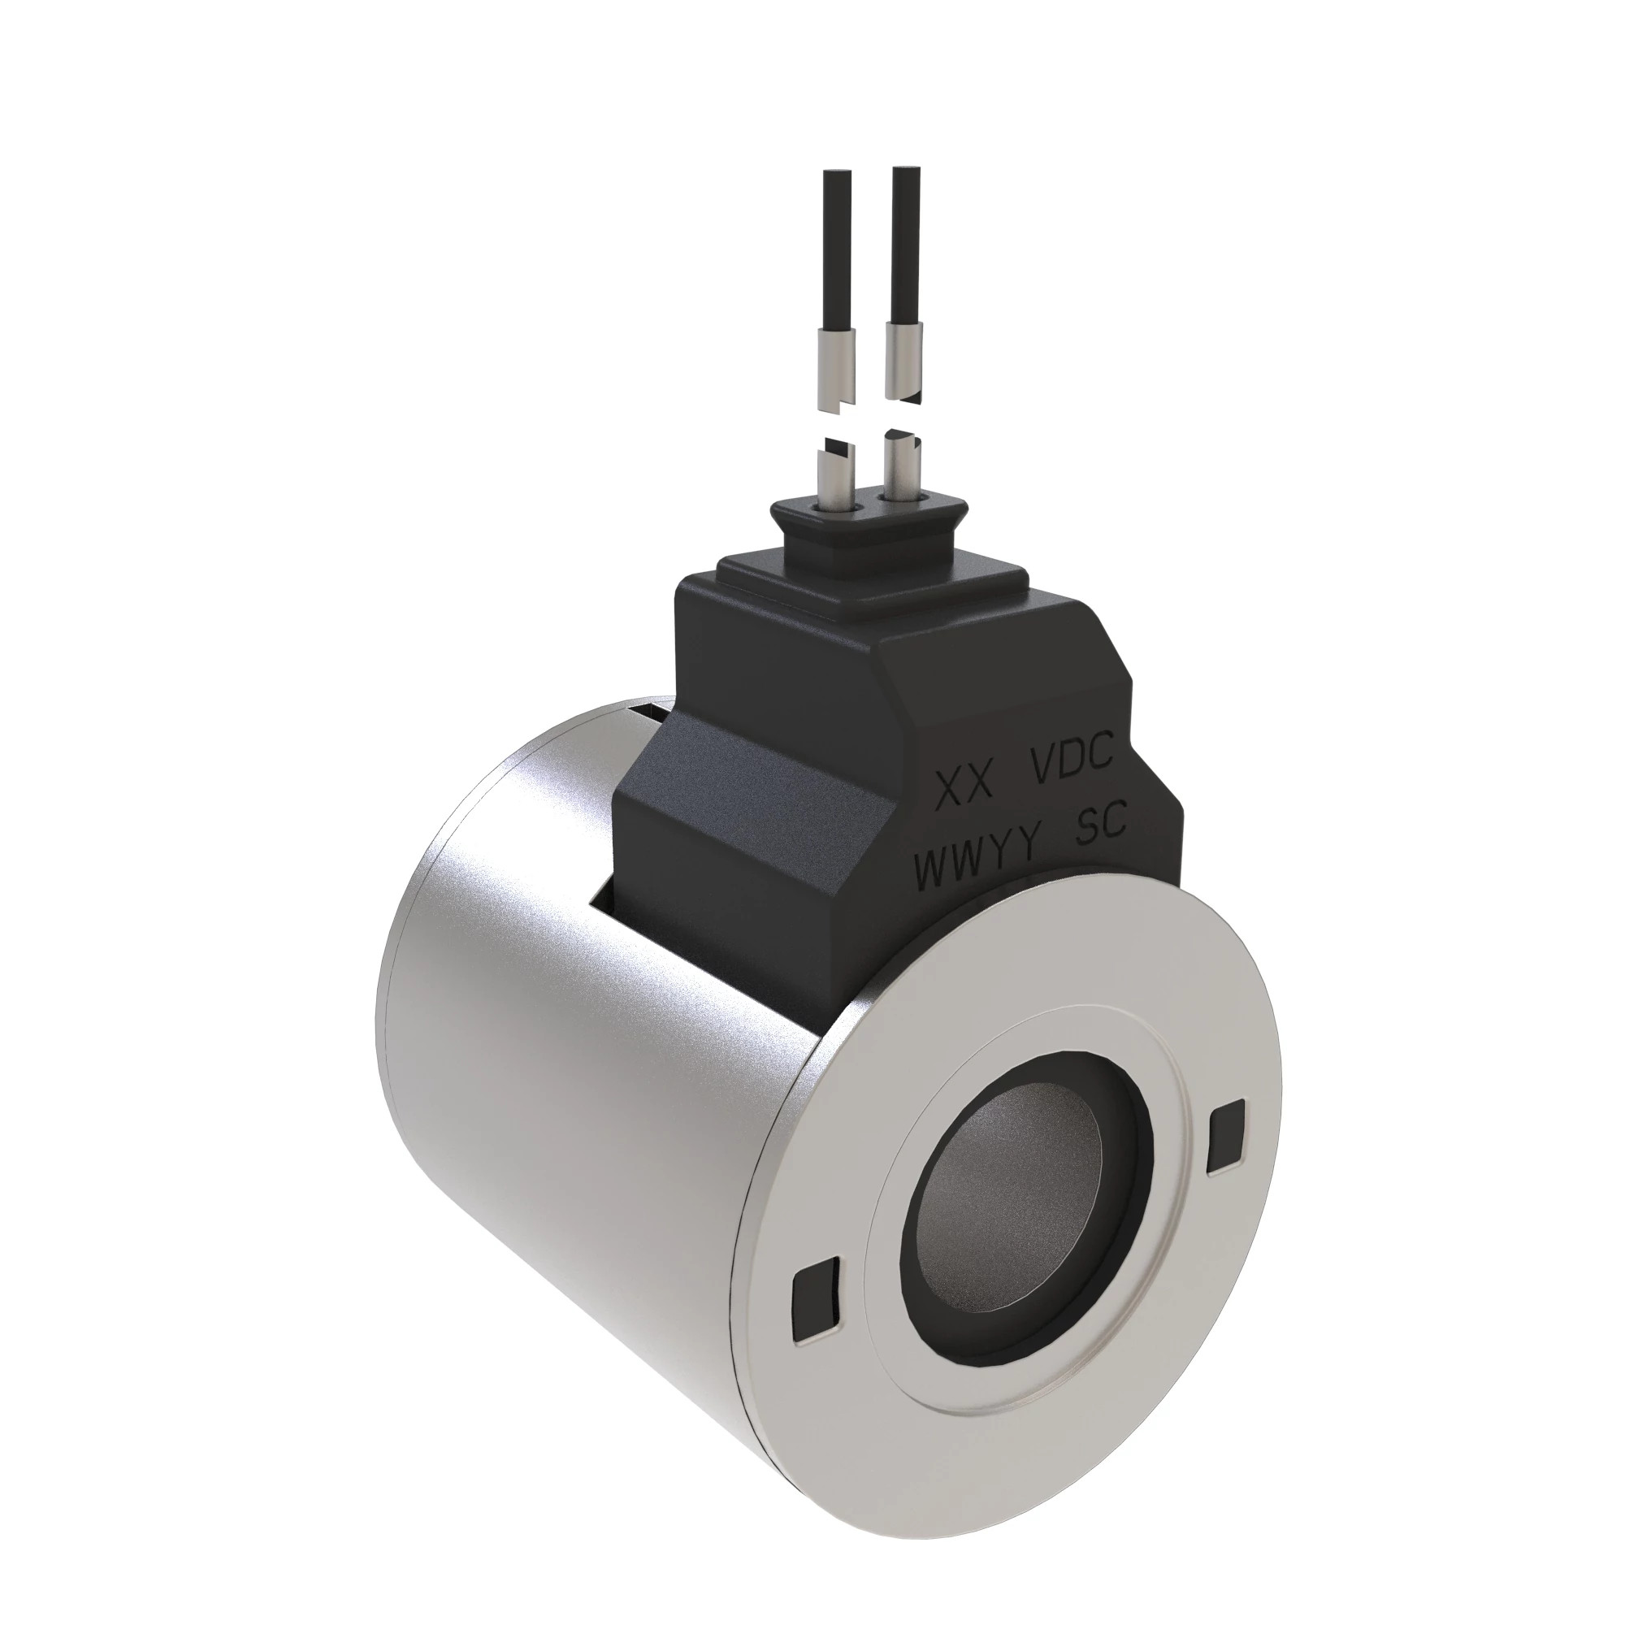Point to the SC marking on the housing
[1101, 828]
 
